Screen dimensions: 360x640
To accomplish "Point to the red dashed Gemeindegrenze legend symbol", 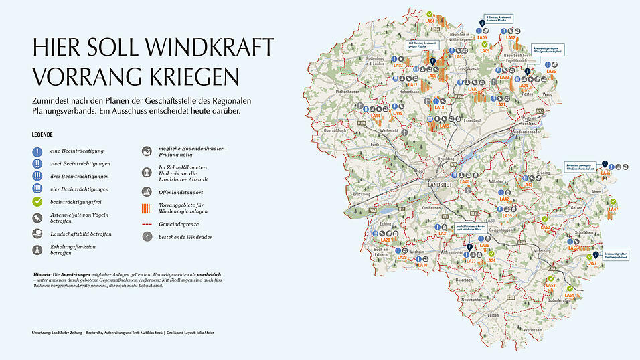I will [x=147, y=223].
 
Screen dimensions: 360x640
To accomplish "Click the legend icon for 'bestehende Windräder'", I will [x=147, y=236].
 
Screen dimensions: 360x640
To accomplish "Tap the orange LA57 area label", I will [x=592, y=264].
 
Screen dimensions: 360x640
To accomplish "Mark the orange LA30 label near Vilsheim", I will [x=422, y=265].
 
